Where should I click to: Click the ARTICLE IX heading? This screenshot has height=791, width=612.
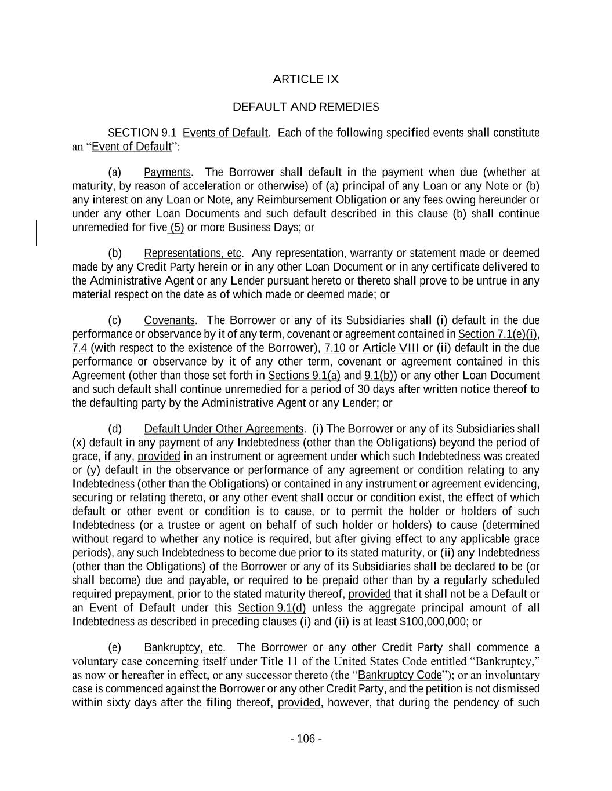pos(306,79)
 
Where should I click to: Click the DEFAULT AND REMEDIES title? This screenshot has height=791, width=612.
pos(306,107)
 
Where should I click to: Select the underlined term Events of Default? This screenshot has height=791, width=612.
pos(225,133)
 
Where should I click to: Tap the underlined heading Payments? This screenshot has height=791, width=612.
pos(167,172)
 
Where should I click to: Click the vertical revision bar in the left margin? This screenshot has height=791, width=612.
pos(37,232)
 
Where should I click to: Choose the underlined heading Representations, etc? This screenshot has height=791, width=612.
pos(193,253)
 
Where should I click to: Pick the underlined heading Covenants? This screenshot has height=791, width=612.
pos(169,320)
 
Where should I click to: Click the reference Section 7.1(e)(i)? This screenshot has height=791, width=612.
pos(498,334)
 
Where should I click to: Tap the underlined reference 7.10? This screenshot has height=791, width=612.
pos(335,348)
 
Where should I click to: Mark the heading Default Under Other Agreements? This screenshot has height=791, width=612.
pos(223,429)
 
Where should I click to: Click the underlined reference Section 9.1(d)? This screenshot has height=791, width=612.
pos(271,608)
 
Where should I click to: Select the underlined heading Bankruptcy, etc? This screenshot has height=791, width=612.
pos(183,647)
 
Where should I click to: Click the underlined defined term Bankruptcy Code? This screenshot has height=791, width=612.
pos(400,675)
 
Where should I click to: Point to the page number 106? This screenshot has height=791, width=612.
pos(306,738)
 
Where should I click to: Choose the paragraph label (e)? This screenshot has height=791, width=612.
pos(115,647)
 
